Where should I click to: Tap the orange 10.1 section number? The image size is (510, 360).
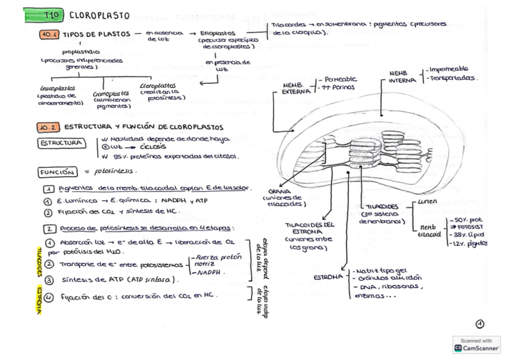point(49,34)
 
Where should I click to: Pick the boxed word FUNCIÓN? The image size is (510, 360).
point(57,172)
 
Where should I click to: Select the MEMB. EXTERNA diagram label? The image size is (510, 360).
point(296,88)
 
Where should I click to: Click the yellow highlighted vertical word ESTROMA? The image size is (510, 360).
point(38,293)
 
